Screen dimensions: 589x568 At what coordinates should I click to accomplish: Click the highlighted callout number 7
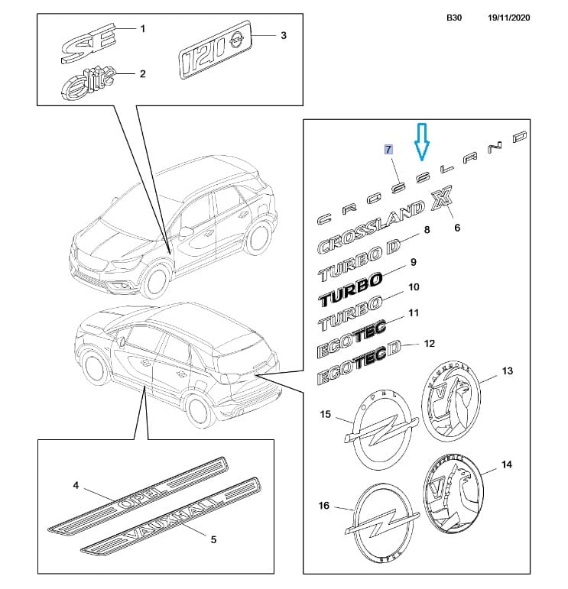388,149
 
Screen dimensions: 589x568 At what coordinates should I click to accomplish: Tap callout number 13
508,371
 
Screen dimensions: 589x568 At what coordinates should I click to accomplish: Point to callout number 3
283,35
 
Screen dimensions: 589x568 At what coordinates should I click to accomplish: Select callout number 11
414,313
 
